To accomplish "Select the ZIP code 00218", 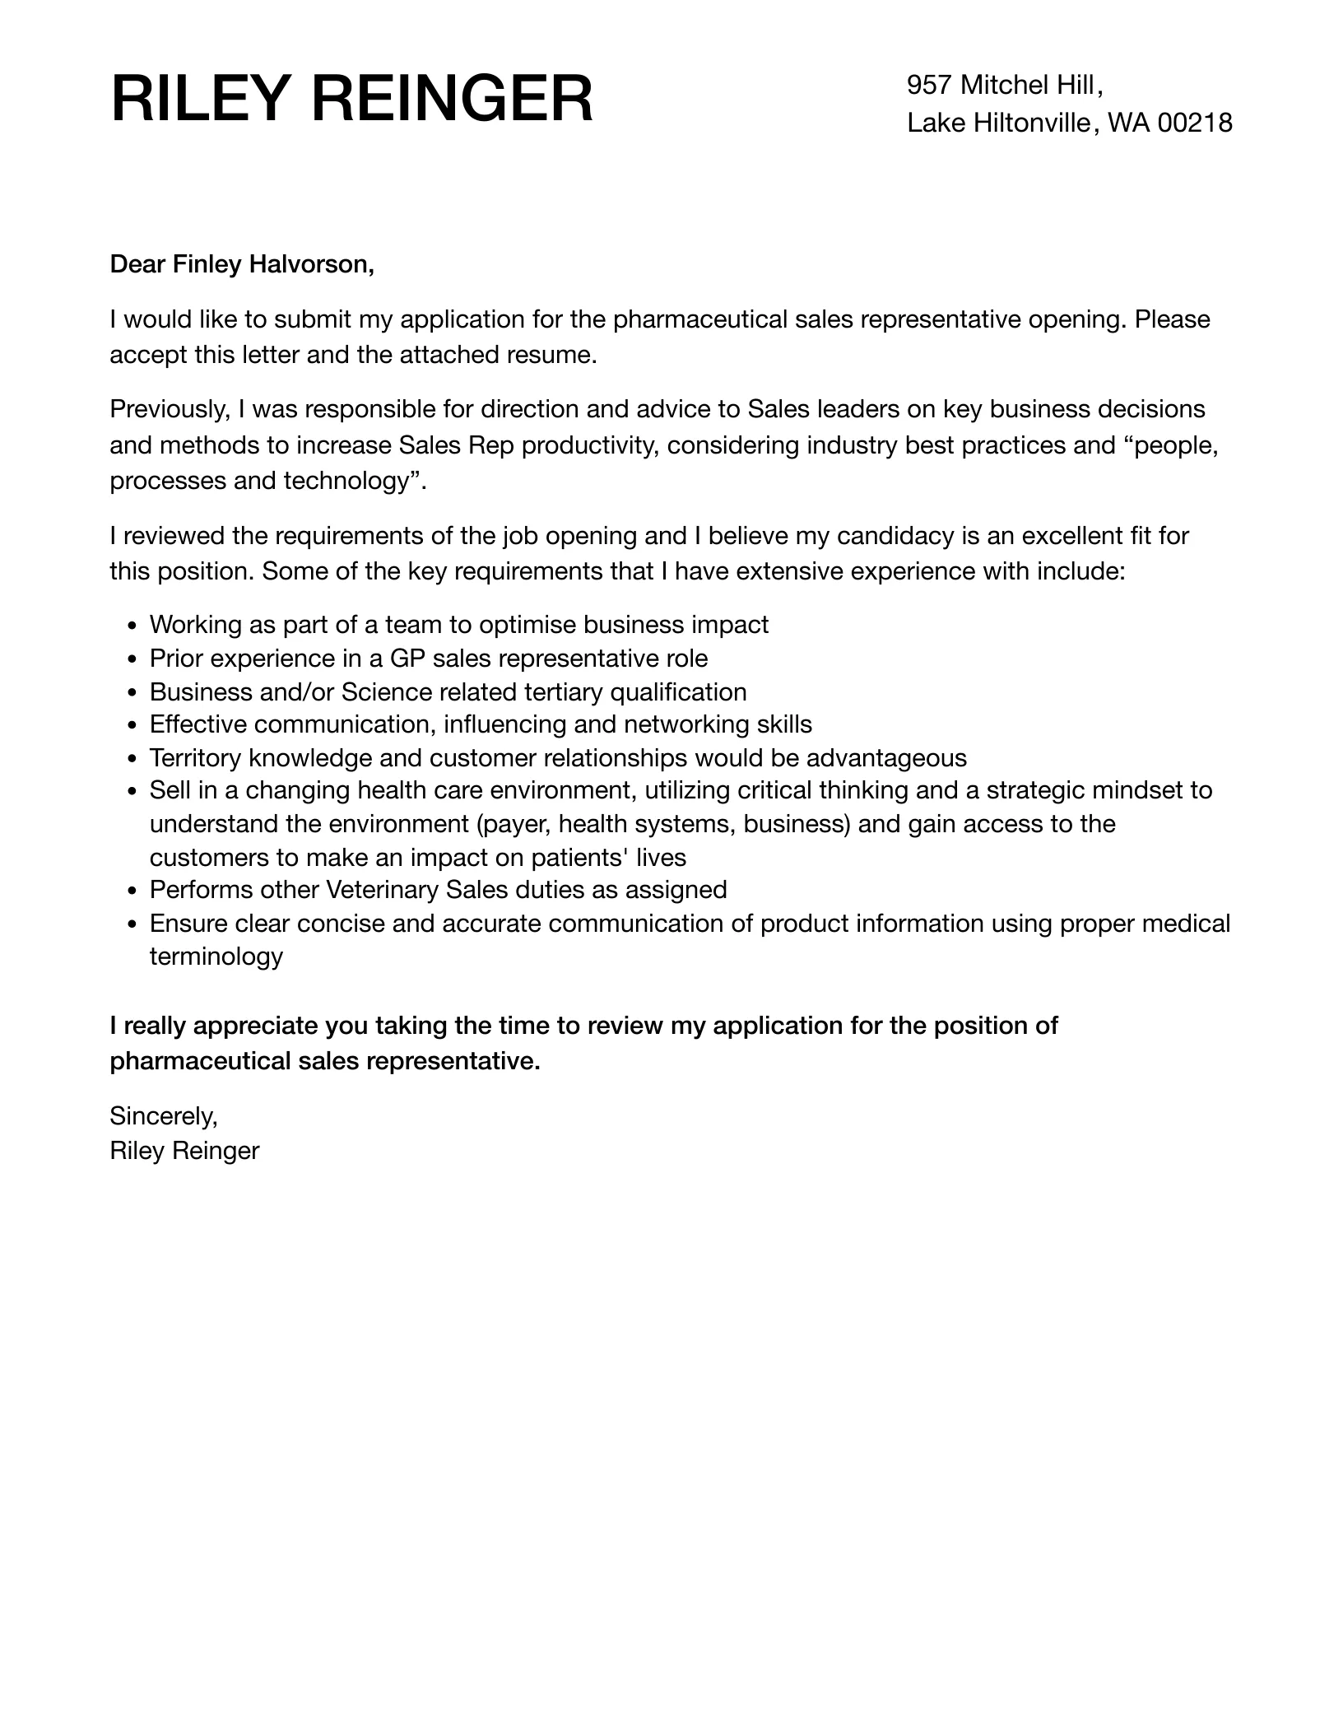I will [1195, 123].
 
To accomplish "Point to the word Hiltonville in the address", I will [1031, 123].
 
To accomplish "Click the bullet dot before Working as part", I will [133, 626].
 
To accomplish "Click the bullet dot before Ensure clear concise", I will [133, 924].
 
